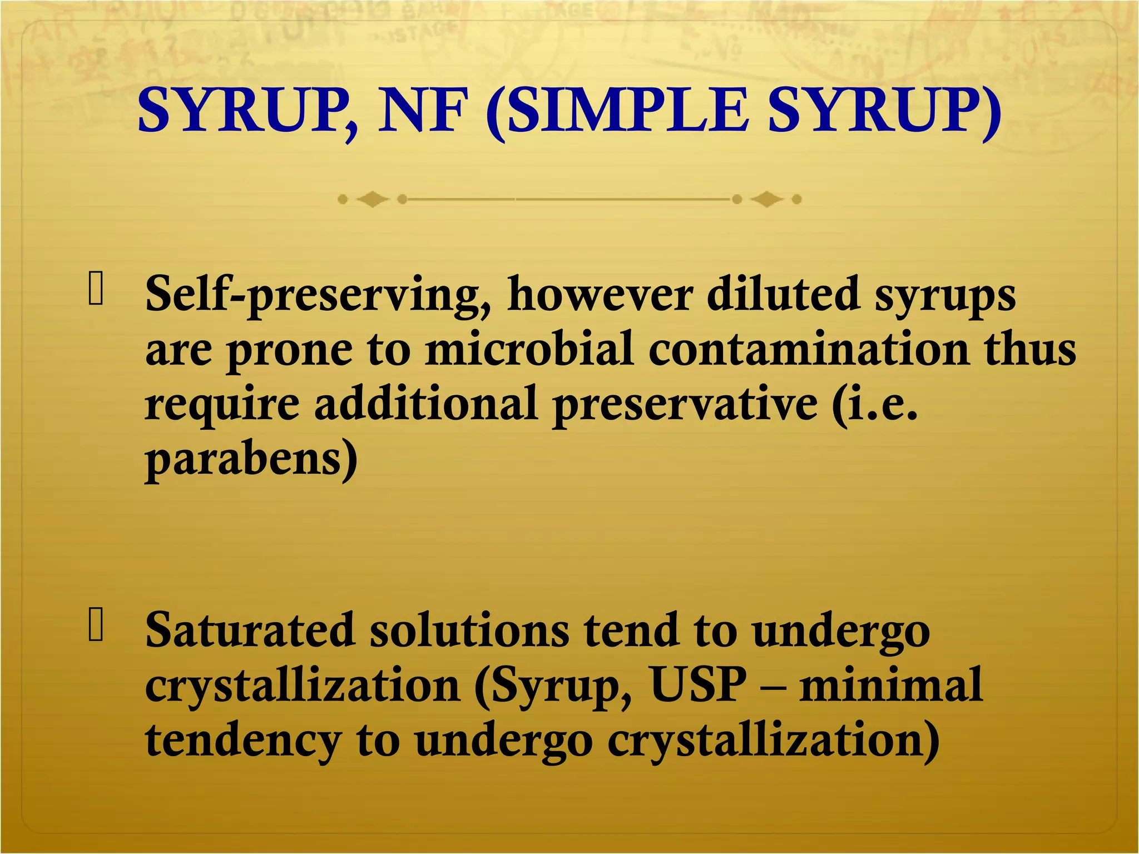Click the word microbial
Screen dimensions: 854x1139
529,349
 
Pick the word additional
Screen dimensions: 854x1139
425,404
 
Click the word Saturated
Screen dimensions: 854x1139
250,630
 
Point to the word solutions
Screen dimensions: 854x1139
470,630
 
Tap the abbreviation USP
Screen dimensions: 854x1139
697,685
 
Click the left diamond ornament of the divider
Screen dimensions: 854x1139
372,199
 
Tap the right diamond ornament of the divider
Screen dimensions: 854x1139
767,199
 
